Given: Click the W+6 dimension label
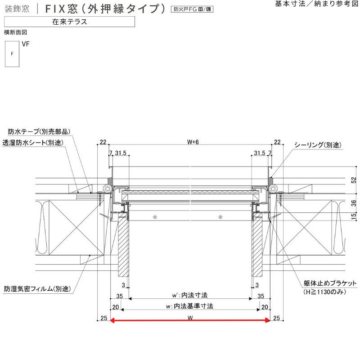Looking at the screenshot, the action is pos(193,142).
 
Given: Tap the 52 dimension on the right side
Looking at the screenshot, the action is pos(354,180).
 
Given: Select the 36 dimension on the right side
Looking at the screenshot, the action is pos(354,203).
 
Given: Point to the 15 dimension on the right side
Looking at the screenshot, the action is pos(354,216).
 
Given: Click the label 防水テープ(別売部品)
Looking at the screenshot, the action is pos(39,131).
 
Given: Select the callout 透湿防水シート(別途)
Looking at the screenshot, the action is pos(33,143).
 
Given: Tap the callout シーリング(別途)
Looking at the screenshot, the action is pos(318,145).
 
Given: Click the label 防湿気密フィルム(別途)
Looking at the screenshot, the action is pos(37,288).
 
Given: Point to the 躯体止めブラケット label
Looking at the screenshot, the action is pos(330,283).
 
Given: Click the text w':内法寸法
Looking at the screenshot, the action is pos(190,295).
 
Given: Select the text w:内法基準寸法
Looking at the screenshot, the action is pos(189,306).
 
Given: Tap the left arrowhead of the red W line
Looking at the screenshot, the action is pos(112,320).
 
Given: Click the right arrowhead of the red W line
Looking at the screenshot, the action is pos(267,320).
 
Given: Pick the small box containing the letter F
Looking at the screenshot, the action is pos(12,54).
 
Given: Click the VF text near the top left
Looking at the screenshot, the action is pos(26,44).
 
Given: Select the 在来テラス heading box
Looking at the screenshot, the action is pos(69,22).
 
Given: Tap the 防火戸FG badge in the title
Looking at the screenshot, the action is pos(192,9).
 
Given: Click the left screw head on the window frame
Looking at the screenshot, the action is pos(155,217).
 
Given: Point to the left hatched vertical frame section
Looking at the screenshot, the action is pos(123,246).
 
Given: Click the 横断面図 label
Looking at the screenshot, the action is pos(16,32).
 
